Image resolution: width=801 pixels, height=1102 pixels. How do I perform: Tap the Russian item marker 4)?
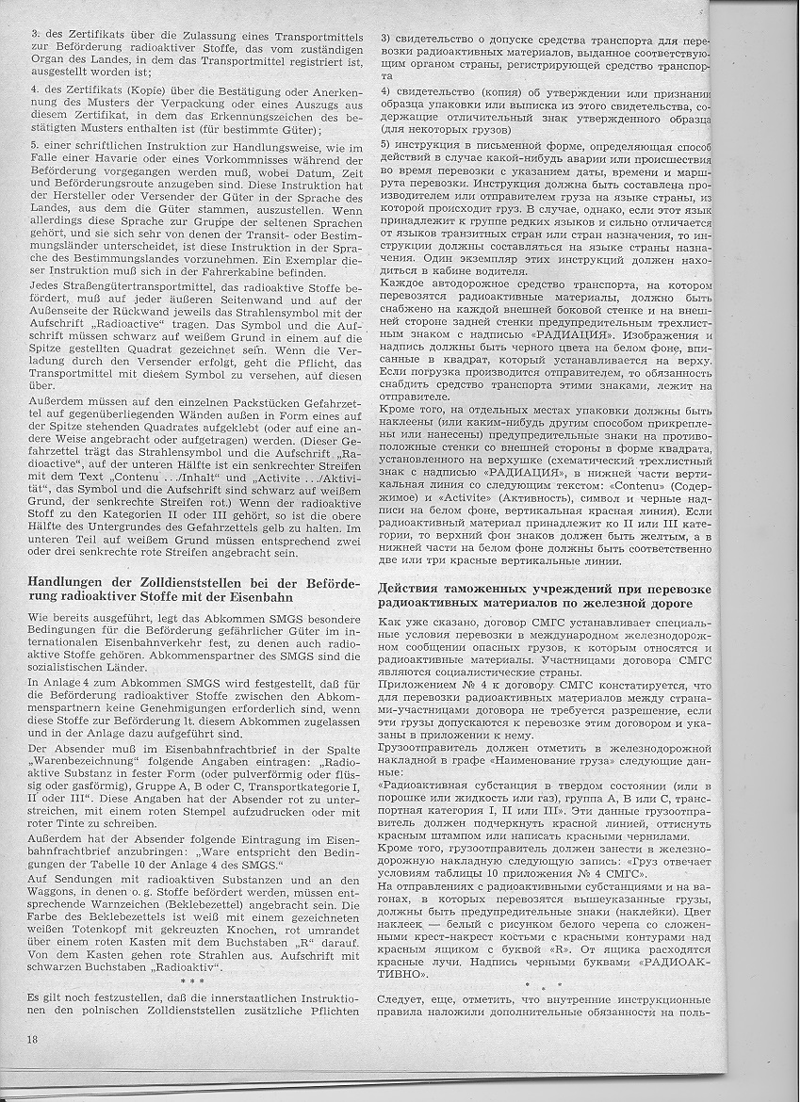coord(386,91)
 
